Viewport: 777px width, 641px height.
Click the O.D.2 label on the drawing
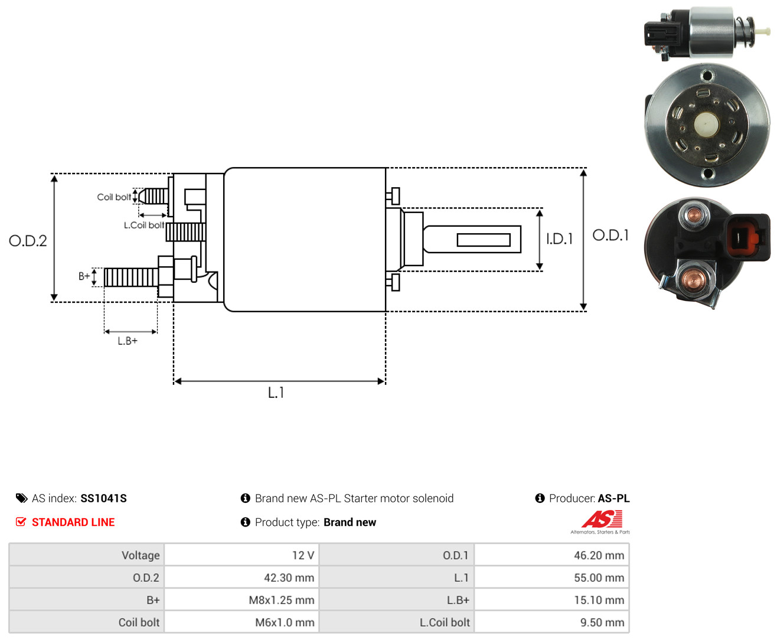tap(28, 241)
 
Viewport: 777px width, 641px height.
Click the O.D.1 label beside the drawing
tap(610, 235)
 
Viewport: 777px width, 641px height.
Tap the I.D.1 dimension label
tap(559, 239)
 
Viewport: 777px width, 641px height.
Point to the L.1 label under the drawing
tap(276, 393)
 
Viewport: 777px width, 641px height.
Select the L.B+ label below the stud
tap(128, 341)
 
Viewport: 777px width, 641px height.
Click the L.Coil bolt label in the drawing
tap(143, 225)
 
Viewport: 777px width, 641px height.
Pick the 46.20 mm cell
tap(551, 555)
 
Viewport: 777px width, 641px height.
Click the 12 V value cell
tap(241, 555)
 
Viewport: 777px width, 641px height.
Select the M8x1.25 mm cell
tap(241, 599)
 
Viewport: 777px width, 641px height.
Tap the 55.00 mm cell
tap(551, 577)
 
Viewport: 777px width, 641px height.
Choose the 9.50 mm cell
tap(551, 622)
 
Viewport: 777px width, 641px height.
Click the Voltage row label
tap(141, 555)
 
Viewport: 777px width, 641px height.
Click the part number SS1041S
tap(103, 498)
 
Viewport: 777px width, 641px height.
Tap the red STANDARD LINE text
tap(73, 522)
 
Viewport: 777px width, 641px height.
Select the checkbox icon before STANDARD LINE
tap(21, 522)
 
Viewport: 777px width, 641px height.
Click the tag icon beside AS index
tap(22, 498)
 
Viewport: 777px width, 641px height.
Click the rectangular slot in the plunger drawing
tap(484, 240)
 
